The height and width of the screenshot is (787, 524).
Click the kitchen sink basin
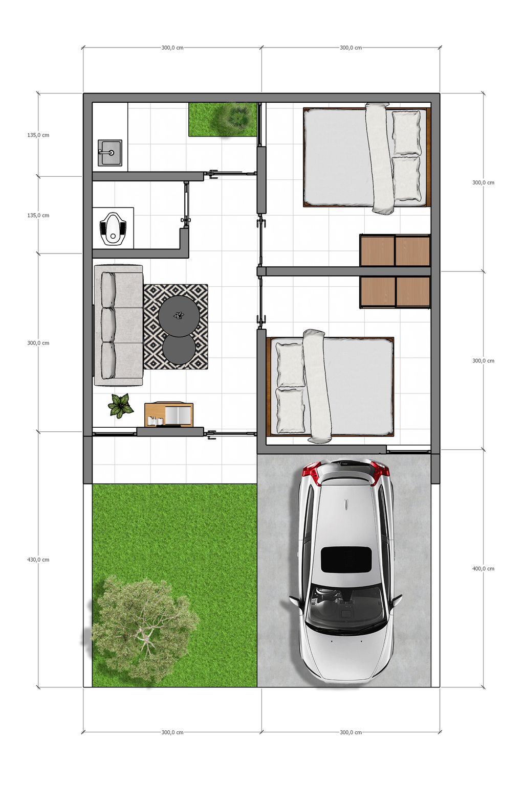[x=110, y=153]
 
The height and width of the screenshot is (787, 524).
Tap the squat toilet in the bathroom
[x=112, y=228]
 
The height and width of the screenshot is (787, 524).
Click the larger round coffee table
[x=179, y=315]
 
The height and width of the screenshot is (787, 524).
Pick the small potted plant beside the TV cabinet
[x=120, y=406]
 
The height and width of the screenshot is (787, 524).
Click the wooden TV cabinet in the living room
[x=169, y=414]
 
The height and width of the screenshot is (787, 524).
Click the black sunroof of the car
[x=346, y=559]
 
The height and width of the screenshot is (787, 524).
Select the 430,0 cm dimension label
[x=38, y=560]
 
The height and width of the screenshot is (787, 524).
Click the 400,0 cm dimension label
[x=483, y=569]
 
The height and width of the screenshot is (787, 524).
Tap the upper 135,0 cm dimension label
[x=38, y=135]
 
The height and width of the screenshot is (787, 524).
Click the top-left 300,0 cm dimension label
[x=172, y=48]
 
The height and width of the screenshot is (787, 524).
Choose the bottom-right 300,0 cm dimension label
[x=351, y=732]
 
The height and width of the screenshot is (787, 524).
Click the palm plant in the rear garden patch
[x=235, y=118]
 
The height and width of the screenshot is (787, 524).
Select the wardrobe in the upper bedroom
[x=395, y=250]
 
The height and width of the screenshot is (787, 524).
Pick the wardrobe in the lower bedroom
[x=395, y=292]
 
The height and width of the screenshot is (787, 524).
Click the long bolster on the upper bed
[x=379, y=158]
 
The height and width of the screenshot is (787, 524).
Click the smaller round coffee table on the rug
[x=179, y=349]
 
